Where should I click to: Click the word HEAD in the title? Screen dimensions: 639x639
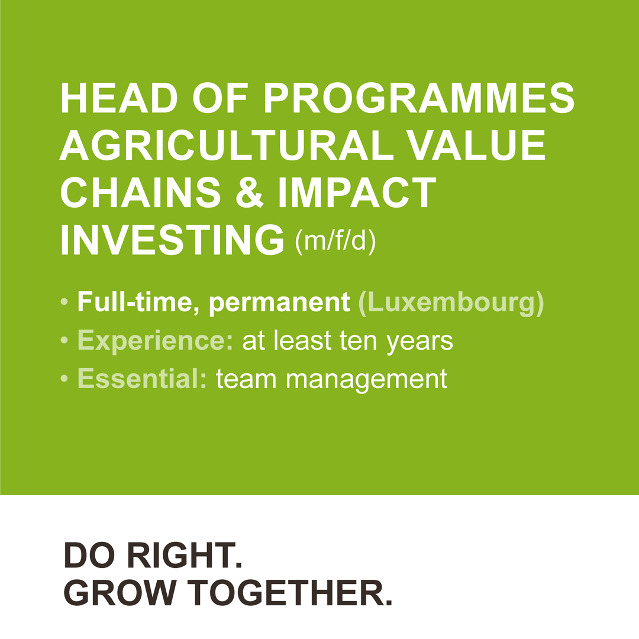pyautogui.click(x=119, y=98)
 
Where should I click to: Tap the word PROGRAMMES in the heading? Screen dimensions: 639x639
pyautogui.click(x=419, y=98)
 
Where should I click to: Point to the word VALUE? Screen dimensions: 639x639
pyautogui.click(x=477, y=145)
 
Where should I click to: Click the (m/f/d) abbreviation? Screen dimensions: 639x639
pyautogui.click(x=335, y=241)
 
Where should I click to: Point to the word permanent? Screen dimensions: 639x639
pyautogui.click(x=279, y=303)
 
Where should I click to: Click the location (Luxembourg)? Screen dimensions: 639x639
pyautogui.click(x=451, y=303)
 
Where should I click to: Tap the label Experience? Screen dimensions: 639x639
pyautogui.click(x=155, y=341)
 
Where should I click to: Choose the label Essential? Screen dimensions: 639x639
pyautogui.click(x=142, y=378)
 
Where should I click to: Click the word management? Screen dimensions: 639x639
pyautogui.click(x=366, y=380)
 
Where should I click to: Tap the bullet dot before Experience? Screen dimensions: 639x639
pyautogui.click(x=64, y=340)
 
